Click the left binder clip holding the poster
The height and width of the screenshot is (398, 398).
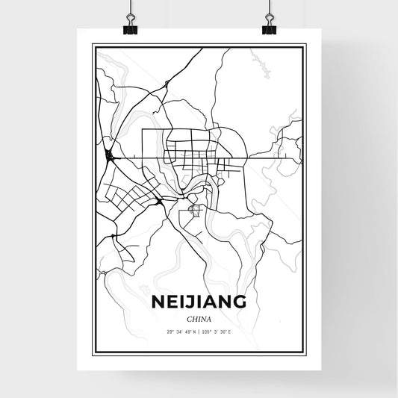(128, 27)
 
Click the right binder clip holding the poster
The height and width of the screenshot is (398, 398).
(269, 27)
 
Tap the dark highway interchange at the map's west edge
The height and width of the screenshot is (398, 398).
(111, 155)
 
